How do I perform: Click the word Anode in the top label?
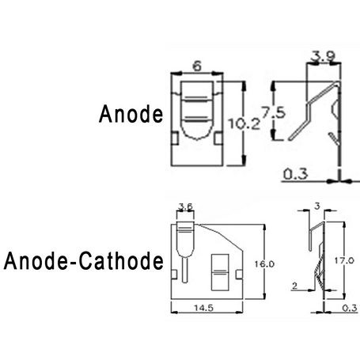click(131, 114)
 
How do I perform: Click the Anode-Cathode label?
click(84, 260)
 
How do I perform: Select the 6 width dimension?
click(197, 66)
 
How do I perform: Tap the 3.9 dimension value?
click(323, 56)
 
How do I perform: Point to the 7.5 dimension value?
click(273, 113)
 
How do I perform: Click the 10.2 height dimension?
click(244, 123)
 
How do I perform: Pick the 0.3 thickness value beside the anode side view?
click(295, 174)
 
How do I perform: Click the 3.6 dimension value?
click(185, 207)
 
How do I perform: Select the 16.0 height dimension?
click(264, 263)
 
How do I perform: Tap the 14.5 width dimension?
click(203, 308)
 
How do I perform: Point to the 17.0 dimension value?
click(344, 260)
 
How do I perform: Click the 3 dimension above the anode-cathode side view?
click(317, 206)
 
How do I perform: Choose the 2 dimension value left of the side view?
click(294, 286)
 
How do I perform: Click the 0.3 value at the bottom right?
click(350, 308)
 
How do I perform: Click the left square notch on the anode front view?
click(175, 138)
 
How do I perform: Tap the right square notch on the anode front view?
click(218, 138)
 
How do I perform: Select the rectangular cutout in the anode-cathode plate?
click(220, 272)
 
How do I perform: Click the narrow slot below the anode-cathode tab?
click(185, 270)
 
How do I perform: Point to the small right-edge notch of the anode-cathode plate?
click(239, 275)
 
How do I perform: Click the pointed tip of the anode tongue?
click(197, 140)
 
